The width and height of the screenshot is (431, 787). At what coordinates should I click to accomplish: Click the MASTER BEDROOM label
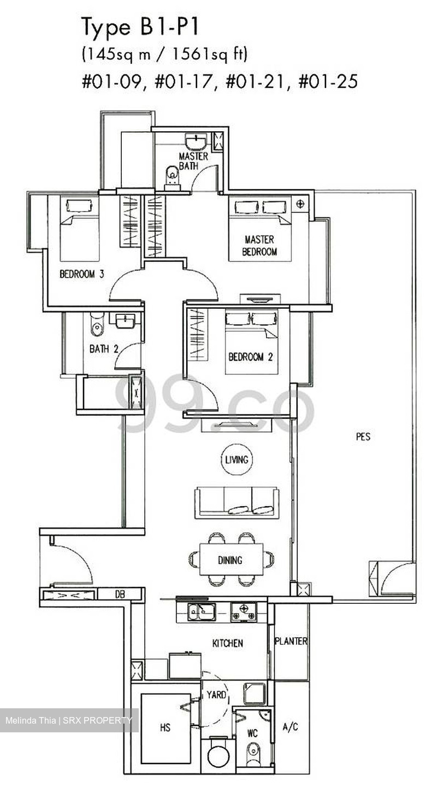coord(259,246)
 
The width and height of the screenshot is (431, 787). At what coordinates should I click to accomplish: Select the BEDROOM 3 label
coord(81,274)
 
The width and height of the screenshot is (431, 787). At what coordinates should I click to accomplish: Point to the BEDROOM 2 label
coord(250,357)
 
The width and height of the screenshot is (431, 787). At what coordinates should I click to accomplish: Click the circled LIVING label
coord(237,460)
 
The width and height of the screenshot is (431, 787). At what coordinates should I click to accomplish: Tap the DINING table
coord(231,560)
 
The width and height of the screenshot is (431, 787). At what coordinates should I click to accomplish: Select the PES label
coord(363,437)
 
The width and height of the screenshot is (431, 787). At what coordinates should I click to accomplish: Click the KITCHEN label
coord(228,643)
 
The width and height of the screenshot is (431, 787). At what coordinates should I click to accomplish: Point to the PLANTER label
coord(291,641)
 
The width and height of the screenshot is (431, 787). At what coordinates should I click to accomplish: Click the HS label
coord(165,727)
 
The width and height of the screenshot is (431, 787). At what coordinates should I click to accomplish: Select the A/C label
coord(290,727)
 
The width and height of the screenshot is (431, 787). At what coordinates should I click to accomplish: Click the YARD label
coord(216,696)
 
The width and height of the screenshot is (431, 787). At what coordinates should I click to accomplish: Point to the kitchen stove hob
coord(243,612)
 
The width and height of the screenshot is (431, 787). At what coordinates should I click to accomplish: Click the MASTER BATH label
coord(193,161)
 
